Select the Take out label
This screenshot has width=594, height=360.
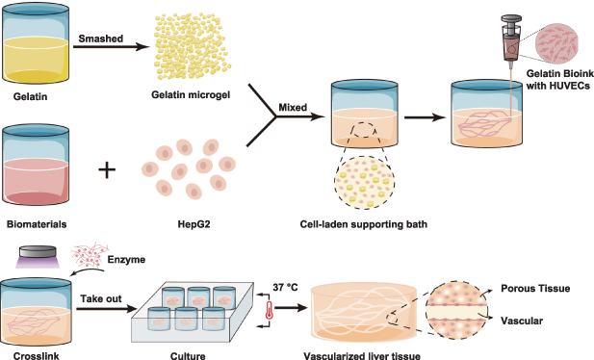coord(101,300)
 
